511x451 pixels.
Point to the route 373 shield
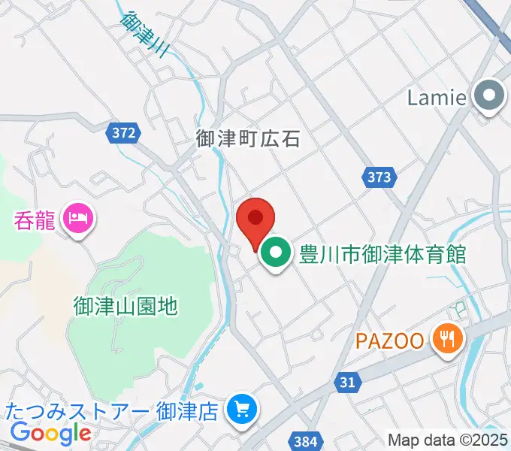coord(379,177)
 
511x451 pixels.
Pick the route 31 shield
coord(346,383)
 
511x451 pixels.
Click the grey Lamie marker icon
coord(491,96)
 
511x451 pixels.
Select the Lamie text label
coord(437,97)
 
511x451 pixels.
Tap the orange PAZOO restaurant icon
coord(446,340)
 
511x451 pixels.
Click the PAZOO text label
coord(390,341)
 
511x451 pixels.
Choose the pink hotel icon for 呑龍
coord(79,220)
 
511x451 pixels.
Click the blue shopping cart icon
coord(242,410)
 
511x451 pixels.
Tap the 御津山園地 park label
coord(125,306)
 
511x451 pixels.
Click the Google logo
coord(50,433)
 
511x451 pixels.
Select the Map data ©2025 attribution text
coord(447,440)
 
